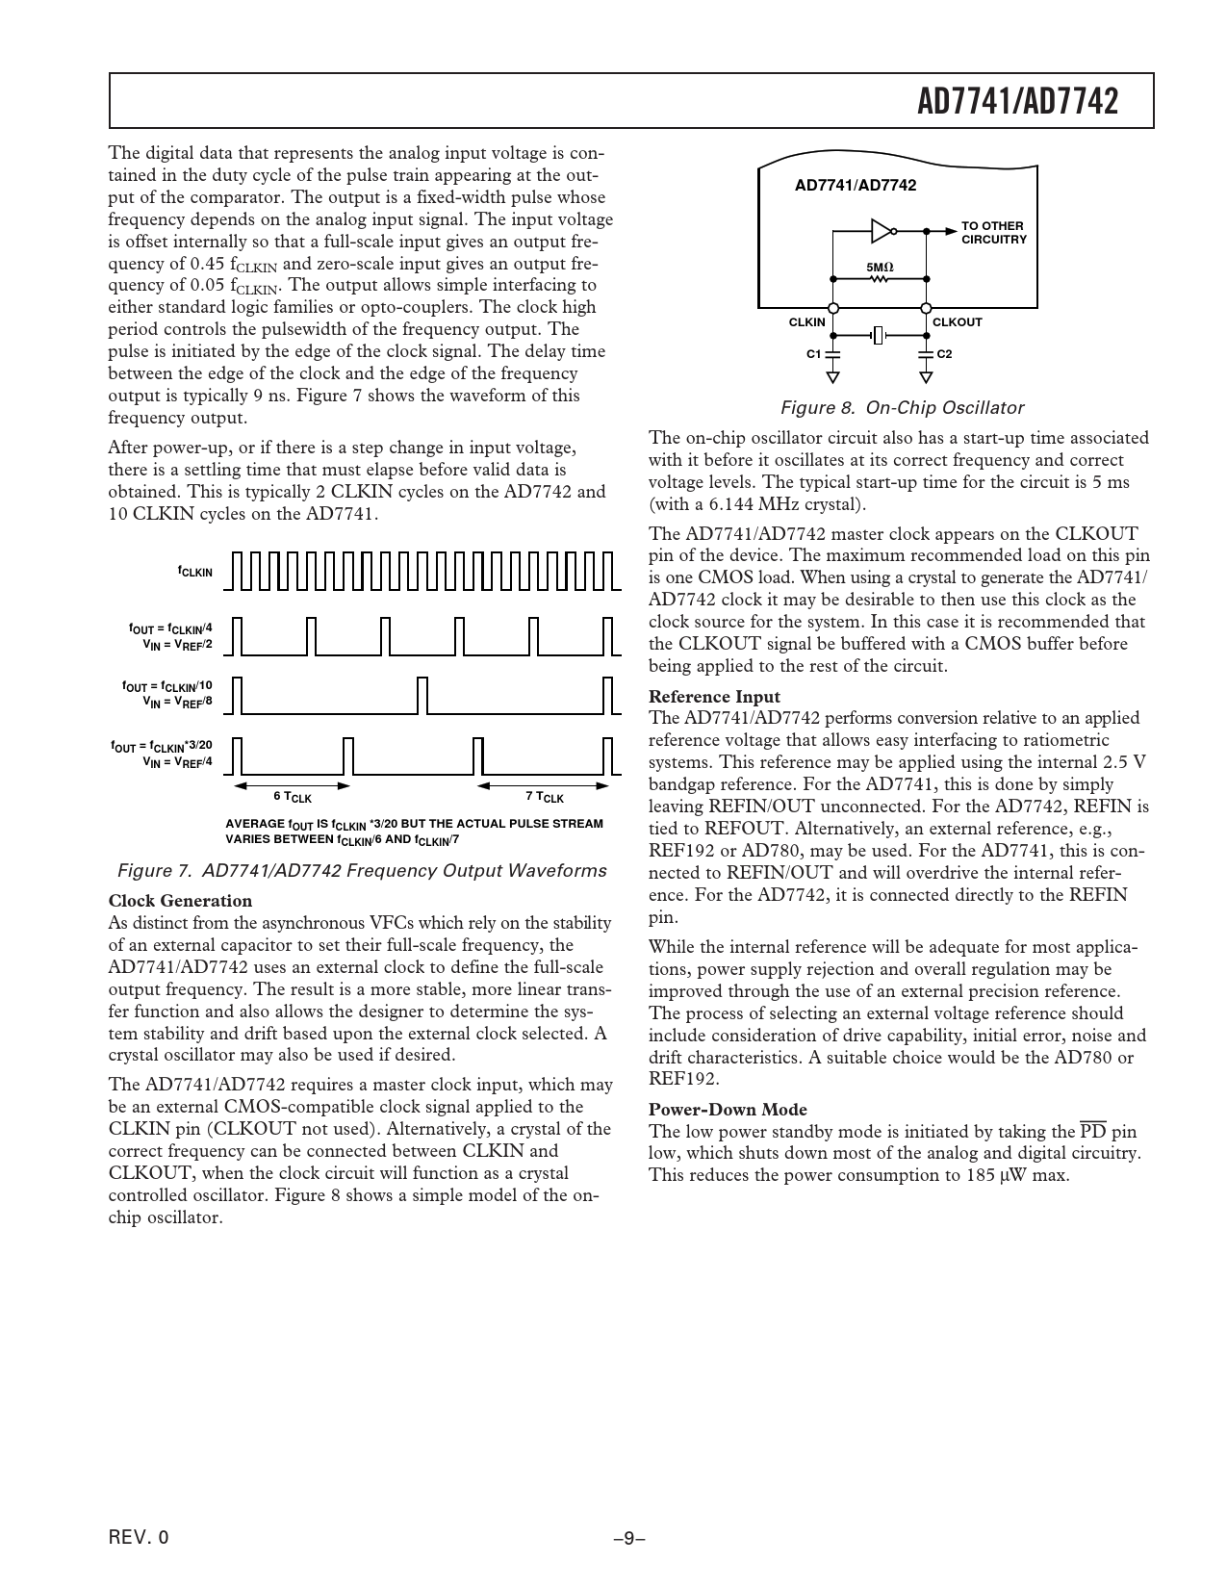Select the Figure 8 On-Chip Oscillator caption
(901, 408)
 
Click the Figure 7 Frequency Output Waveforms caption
(361, 871)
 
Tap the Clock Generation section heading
(180, 901)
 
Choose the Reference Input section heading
(714, 696)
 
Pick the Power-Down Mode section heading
(728, 1110)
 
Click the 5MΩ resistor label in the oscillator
(880, 266)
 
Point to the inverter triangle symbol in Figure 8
(881, 231)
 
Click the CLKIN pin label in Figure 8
(806, 322)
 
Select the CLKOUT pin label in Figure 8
(958, 322)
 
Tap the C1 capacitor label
(813, 354)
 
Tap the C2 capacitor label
(944, 354)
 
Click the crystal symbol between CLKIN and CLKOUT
(879, 336)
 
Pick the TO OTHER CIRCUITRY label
(994, 233)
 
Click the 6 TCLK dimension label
(293, 797)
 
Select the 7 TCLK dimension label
(545, 797)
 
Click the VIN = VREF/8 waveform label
(177, 702)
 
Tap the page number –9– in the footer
(628, 1538)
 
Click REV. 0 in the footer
(139, 1538)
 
